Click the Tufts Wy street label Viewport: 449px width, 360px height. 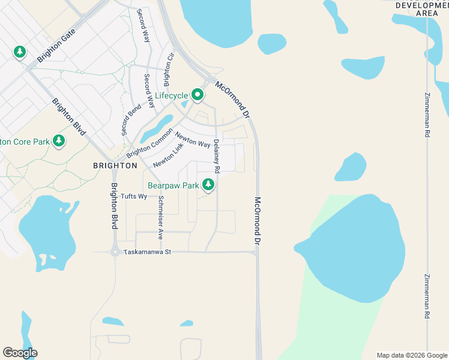pos(134,196)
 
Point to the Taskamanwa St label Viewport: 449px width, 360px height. pos(148,252)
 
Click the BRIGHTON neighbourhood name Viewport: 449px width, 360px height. pos(115,165)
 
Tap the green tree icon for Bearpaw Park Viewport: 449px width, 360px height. pos(208,184)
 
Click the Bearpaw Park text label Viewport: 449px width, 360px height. pos(173,186)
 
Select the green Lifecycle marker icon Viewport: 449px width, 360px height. pos(197,94)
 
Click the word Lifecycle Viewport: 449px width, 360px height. pos(172,95)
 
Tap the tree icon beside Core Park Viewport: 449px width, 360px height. pos(58,140)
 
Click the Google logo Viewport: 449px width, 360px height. pos(20,353)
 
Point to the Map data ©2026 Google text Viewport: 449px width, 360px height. pos(411,355)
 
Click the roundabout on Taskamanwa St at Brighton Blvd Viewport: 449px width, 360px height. pos(114,252)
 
